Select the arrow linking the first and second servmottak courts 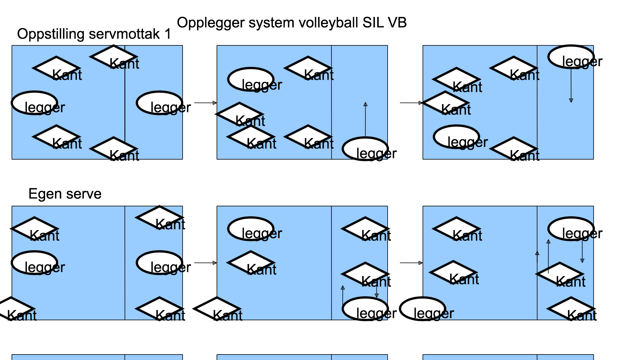(205, 103)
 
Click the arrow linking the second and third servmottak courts (411, 103)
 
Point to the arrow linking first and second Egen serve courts (205, 263)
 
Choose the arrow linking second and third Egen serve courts (411, 263)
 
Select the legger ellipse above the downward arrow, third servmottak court (571, 57)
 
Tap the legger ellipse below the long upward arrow (365, 149)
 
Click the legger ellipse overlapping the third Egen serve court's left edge (423, 309)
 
